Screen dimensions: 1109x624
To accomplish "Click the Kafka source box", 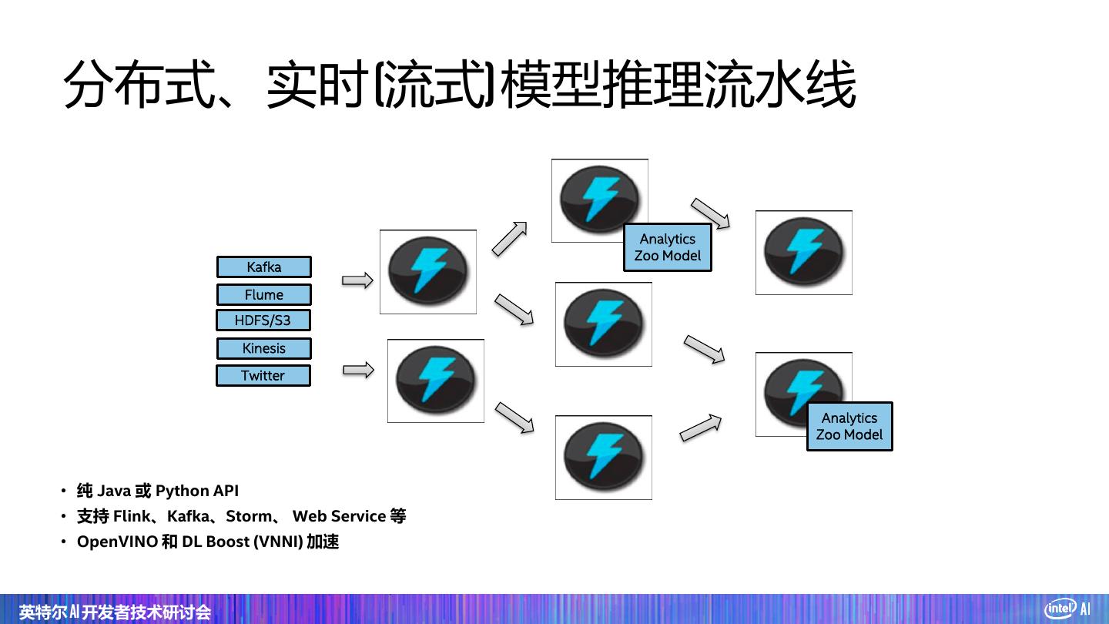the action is [x=264, y=267].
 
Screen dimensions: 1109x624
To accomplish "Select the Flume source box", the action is [x=264, y=294].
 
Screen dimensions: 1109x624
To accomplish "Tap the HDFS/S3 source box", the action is [x=263, y=320].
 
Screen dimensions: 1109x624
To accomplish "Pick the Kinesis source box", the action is [x=264, y=348].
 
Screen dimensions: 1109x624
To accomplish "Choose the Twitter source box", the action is [x=263, y=375].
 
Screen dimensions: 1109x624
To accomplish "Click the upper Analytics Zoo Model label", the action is [x=668, y=247].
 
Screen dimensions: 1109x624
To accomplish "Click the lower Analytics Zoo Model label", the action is [x=849, y=427].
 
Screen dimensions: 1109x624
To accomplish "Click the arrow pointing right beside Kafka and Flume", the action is [x=357, y=280].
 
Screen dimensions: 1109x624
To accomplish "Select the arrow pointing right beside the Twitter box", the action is [x=358, y=370].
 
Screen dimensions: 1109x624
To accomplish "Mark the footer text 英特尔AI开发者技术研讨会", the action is [x=115, y=612].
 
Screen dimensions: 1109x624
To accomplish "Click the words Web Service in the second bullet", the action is [x=339, y=516].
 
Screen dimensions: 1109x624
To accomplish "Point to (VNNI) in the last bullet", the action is [x=278, y=542].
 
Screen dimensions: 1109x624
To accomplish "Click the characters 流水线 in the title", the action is [x=780, y=84].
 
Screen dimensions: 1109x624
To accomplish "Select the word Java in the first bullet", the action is [x=114, y=491].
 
